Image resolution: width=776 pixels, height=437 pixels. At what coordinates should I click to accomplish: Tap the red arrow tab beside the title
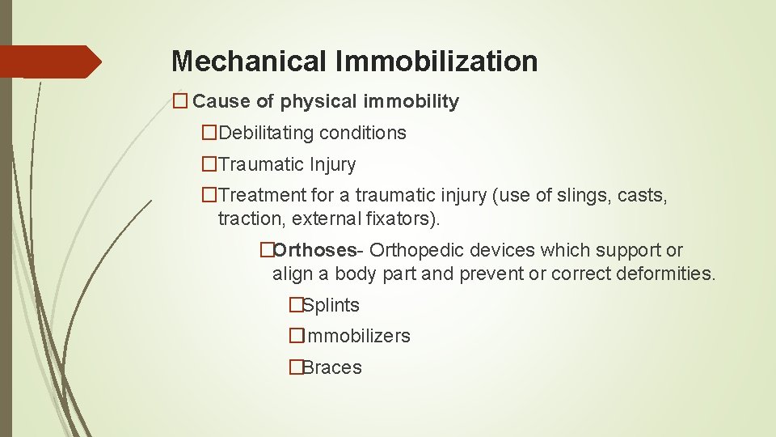click(x=50, y=62)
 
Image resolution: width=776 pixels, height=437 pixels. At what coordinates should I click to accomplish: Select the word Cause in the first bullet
click(x=222, y=102)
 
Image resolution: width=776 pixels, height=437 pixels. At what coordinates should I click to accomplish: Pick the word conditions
click(x=368, y=133)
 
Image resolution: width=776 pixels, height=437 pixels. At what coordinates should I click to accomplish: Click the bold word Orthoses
click(x=314, y=250)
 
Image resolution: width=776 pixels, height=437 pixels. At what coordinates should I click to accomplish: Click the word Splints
click(x=331, y=305)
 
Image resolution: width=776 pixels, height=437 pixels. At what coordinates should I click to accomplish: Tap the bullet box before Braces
click(x=296, y=367)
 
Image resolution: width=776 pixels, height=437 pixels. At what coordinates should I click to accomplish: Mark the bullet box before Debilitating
click(x=209, y=133)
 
